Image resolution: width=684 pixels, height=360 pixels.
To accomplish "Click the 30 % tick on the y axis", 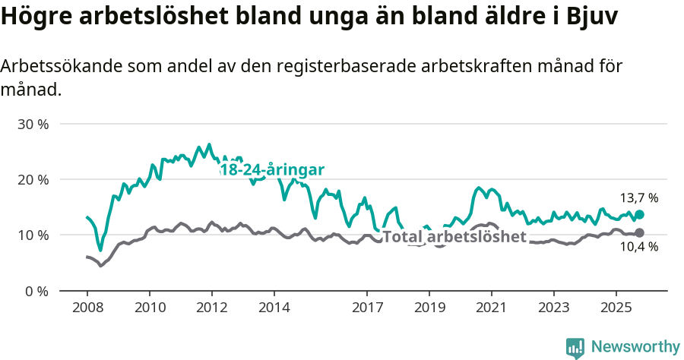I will click(x=33, y=124).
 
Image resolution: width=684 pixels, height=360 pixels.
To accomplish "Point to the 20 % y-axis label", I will click(x=33, y=180).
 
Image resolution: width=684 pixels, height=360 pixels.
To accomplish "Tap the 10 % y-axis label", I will click(x=33, y=235).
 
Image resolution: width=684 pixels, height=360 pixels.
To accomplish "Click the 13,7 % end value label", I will click(x=639, y=198).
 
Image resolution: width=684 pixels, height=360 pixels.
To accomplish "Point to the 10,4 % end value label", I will click(x=639, y=246).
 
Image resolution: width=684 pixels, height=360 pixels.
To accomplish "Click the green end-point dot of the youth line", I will click(x=639, y=215).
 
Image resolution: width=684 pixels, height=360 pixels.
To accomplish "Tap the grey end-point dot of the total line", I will click(x=639, y=232).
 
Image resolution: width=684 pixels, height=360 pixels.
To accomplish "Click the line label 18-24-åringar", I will click(x=272, y=170).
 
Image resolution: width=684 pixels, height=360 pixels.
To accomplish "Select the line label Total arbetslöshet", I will click(x=454, y=237).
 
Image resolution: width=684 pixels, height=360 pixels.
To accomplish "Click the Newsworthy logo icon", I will click(x=575, y=347).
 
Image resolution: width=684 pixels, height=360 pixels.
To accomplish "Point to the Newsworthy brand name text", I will click(x=635, y=347).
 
